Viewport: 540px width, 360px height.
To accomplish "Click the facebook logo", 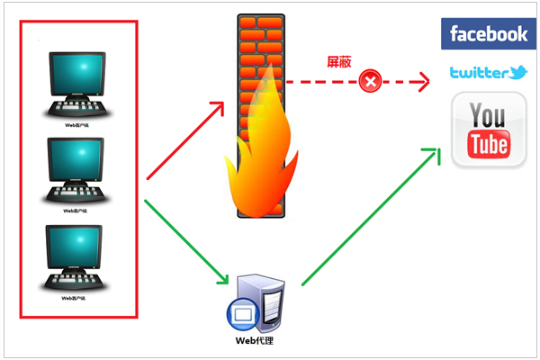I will tap(489, 34).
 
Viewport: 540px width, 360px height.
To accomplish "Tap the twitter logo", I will tap(489, 73).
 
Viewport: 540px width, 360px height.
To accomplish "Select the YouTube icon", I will tap(489, 132).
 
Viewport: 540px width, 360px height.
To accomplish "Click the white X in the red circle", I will tap(369, 83).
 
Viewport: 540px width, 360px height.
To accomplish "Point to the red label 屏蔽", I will tap(338, 63).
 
